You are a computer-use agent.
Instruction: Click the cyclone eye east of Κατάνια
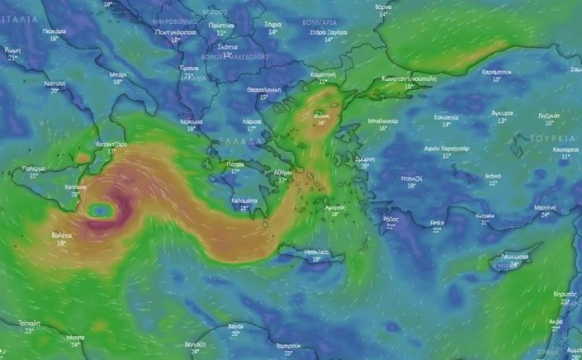click(100, 211)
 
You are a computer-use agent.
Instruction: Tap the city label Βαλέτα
click(61, 235)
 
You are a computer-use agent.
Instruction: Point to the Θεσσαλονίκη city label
click(264, 89)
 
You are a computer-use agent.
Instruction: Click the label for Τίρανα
click(189, 68)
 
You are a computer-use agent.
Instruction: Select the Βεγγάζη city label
click(195, 343)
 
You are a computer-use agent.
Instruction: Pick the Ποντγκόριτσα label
click(175, 31)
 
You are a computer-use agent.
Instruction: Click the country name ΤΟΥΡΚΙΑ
click(552, 137)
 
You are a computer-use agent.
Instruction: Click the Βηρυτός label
click(565, 293)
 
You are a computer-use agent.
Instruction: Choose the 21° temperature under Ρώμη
click(12, 58)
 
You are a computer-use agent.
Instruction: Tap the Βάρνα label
click(383, 6)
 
